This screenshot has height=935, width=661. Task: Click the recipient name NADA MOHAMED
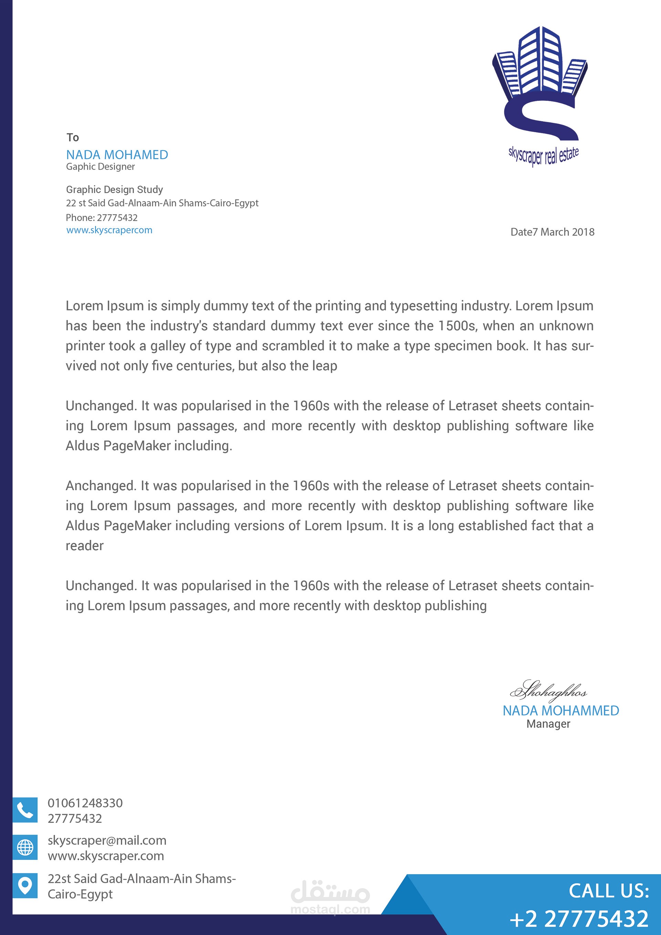click(117, 155)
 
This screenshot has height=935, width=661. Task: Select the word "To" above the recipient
click(73, 137)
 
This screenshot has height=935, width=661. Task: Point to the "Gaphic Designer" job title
click(100, 167)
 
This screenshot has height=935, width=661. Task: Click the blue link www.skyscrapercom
click(109, 230)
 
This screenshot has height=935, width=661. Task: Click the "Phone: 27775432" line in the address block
click(102, 218)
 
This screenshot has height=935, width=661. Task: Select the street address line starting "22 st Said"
click(162, 203)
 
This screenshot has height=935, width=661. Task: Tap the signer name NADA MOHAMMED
click(560, 711)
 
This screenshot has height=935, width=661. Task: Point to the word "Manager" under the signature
click(548, 724)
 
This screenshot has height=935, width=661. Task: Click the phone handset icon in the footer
click(25, 810)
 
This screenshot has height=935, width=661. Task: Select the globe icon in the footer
click(25, 848)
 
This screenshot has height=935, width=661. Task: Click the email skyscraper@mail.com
click(107, 841)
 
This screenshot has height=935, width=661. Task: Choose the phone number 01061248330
click(85, 803)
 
